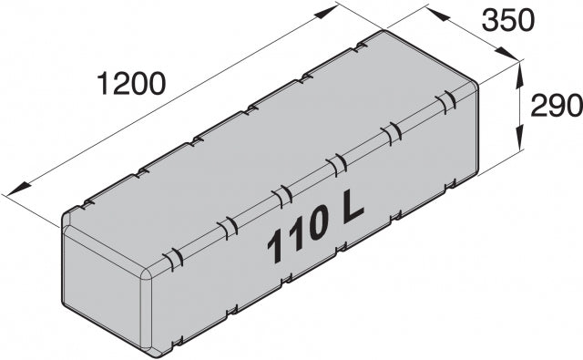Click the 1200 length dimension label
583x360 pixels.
(130, 83)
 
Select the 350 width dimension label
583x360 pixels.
(508, 20)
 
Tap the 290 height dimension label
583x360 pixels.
(557, 106)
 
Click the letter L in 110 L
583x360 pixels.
(352, 207)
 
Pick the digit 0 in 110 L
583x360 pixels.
(317, 224)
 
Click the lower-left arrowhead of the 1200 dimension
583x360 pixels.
(18, 189)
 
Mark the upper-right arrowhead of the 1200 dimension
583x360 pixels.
(326, 12)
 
